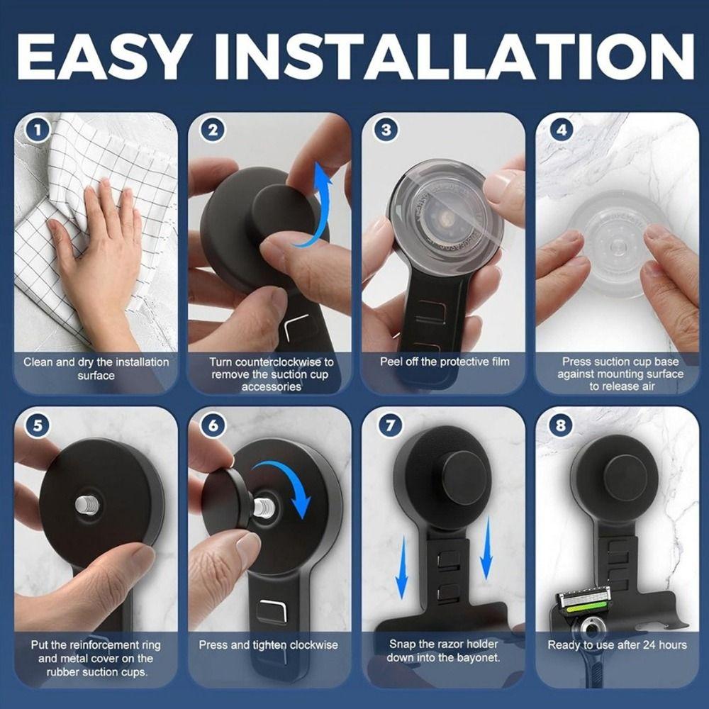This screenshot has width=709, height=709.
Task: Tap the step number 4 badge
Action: (x=562, y=130)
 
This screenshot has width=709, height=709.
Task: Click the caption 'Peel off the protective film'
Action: (x=445, y=362)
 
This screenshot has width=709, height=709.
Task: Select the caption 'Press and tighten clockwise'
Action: (x=268, y=645)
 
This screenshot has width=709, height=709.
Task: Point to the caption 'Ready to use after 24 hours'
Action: (x=617, y=645)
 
